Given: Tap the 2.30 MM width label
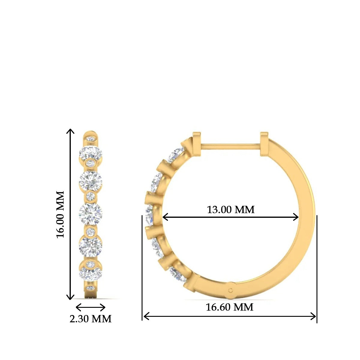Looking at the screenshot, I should pos(90,319).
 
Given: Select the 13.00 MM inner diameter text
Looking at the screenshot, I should pos(230,209).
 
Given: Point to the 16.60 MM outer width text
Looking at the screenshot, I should pos(229,307).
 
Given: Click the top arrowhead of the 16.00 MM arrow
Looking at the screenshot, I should pos(70,130).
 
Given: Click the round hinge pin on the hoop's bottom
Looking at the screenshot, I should pos(231,290).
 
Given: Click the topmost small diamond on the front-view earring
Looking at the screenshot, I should pos(91,139).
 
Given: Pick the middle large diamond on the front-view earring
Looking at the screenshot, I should pos(91,214).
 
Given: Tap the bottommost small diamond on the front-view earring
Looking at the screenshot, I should pos(91,288).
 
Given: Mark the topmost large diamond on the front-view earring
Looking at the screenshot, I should pos(91,153).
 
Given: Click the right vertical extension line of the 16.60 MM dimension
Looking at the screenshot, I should pos(317,270).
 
